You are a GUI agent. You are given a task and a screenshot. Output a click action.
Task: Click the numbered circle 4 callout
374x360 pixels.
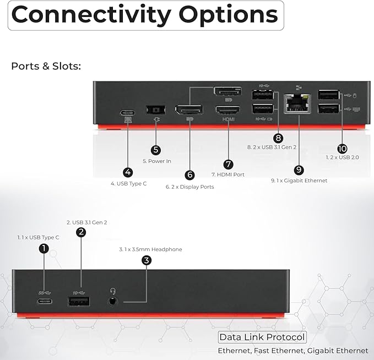point(128,172)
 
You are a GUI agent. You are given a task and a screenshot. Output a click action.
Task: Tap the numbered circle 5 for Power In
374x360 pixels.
point(156,149)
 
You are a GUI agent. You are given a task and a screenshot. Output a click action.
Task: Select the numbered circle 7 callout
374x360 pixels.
point(229,163)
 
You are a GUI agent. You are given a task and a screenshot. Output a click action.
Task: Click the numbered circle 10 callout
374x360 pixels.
point(343,149)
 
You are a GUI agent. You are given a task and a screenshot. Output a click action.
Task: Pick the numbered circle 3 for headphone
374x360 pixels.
point(146,260)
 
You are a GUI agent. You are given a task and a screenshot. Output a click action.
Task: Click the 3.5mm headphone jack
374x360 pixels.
point(113,301)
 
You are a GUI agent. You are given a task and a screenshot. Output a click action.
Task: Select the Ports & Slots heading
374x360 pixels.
point(46,67)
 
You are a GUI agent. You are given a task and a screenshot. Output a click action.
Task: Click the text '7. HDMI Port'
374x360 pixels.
point(228,174)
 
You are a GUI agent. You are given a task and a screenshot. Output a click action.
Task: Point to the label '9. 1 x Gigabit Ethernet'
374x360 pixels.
point(299,181)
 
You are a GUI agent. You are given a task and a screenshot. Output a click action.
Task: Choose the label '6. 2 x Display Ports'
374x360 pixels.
point(189,187)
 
